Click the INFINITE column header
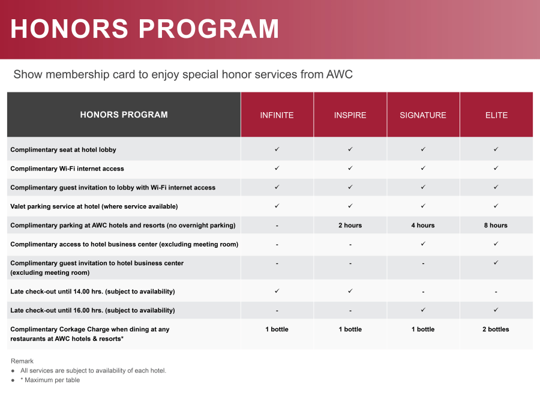pyautogui.click(x=277, y=115)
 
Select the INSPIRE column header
pyautogui.click(x=350, y=115)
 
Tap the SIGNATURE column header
pyautogui.click(x=423, y=115)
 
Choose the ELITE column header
pyautogui.click(x=496, y=115)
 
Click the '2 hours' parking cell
pyautogui.click(x=350, y=225)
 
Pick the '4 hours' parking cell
pyautogui.click(x=423, y=225)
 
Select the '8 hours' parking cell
pyautogui.click(x=496, y=225)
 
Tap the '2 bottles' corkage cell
pyautogui.click(x=496, y=329)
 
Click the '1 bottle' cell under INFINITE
pyautogui.click(x=277, y=329)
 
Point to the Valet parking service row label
pyautogui.click(x=94, y=206)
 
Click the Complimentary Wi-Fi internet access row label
pyautogui.click(x=67, y=169)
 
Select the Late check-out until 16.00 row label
pyautogui.click(x=92, y=310)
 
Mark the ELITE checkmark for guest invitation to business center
pyautogui.click(x=496, y=262)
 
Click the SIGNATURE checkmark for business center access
pyautogui.click(x=423, y=244)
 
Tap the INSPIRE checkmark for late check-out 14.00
pyautogui.click(x=350, y=290)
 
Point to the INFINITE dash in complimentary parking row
pyautogui.click(x=277, y=226)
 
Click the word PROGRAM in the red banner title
pyautogui.click(x=209, y=29)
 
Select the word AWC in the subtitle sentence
pyautogui.click(x=340, y=74)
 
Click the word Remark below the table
pyautogui.click(x=22, y=361)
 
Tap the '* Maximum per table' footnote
pyautogui.click(x=50, y=380)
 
